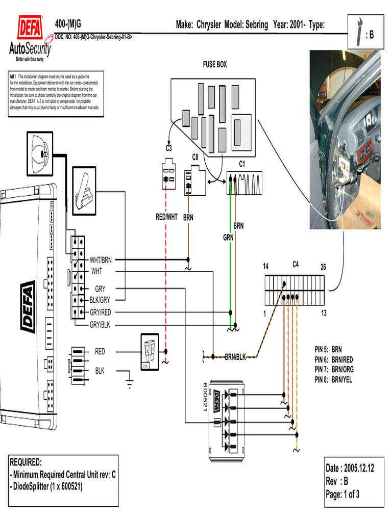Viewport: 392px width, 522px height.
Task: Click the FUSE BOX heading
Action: point(214,65)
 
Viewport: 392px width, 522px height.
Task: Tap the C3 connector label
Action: point(168,148)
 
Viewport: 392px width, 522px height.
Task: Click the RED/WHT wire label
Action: point(166,217)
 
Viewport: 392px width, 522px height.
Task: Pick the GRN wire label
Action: point(228,237)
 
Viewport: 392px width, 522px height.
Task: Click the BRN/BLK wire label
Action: point(235,357)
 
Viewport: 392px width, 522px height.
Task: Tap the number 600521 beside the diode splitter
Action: point(206,395)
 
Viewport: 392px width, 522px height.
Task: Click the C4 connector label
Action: point(296,264)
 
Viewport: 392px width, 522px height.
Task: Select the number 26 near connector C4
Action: point(323,267)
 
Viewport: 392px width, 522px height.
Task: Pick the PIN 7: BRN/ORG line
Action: point(334,369)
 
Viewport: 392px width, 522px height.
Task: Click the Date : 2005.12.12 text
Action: point(350,468)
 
